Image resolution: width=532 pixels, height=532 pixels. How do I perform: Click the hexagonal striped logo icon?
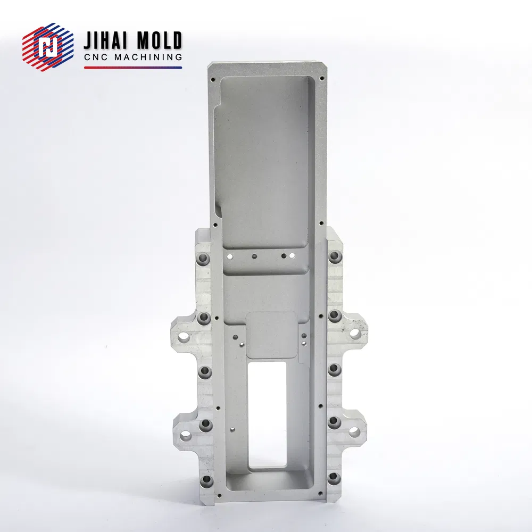point(48,47)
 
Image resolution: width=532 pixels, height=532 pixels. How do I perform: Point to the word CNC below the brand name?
point(96,57)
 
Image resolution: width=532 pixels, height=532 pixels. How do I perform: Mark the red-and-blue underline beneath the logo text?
point(133,68)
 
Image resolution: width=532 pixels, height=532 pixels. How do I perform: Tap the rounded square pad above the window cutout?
point(271,335)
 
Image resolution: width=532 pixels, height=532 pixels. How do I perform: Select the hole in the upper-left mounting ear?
point(185,337)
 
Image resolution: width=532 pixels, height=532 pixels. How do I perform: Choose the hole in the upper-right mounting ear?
point(354,333)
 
